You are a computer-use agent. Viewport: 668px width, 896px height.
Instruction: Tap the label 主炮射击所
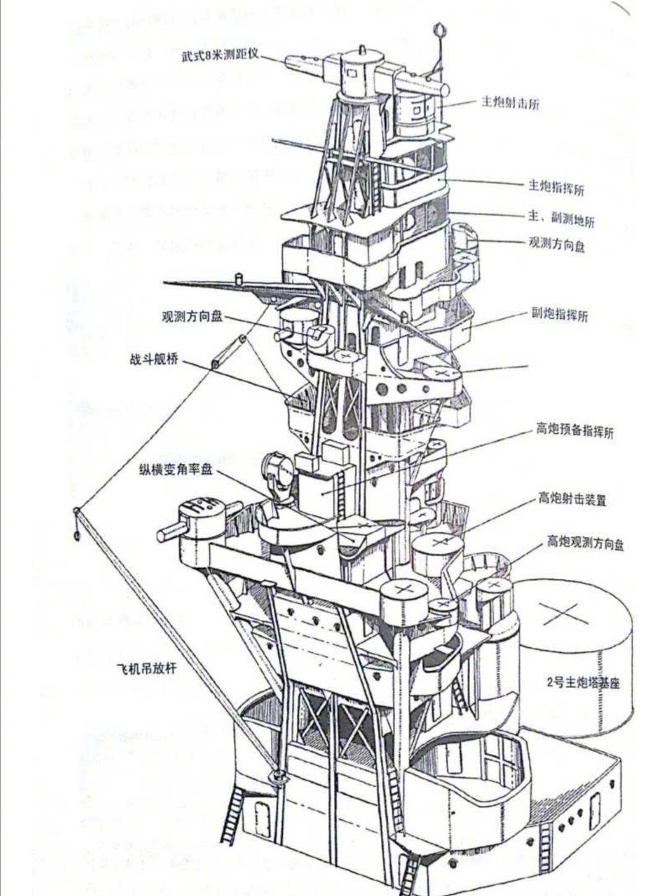[x=510, y=103]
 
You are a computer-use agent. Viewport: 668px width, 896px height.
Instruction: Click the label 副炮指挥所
[x=560, y=315]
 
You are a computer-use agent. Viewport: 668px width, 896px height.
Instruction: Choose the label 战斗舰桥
[x=153, y=359]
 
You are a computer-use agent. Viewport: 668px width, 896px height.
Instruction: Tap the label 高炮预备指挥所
[x=575, y=431]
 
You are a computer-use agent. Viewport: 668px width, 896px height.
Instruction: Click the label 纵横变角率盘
[x=176, y=470]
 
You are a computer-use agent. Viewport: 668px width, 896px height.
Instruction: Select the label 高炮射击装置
[x=572, y=498]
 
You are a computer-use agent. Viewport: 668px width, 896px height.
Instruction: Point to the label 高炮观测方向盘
[x=584, y=543]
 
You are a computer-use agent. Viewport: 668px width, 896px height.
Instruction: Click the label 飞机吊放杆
[x=147, y=668]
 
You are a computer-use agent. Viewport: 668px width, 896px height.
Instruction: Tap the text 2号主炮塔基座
[x=583, y=683]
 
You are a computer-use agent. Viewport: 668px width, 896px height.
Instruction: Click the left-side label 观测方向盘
[x=191, y=316]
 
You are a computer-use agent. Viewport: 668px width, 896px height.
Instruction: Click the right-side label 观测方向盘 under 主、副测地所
[x=556, y=246]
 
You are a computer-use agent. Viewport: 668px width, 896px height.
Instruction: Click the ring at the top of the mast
[x=440, y=28]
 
